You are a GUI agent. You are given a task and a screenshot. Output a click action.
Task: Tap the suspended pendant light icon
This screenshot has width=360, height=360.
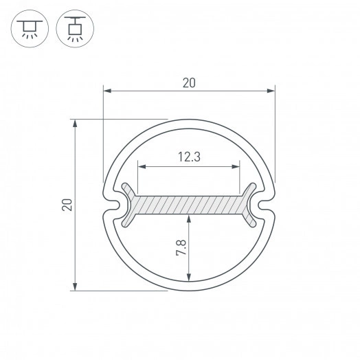(74, 29)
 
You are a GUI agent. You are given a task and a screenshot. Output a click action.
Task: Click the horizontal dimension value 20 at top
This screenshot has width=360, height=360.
(189, 83)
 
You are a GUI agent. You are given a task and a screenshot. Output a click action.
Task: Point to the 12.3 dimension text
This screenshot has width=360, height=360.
(188, 157)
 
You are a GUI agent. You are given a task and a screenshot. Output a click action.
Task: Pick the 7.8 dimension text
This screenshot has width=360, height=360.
(180, 248)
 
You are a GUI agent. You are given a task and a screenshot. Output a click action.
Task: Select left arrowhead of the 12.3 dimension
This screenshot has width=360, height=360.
(142, 166)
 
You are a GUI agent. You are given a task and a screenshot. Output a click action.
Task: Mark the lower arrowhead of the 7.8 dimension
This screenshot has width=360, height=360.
(188, 278)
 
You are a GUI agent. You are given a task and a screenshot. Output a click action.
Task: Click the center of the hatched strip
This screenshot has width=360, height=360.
(189, 205)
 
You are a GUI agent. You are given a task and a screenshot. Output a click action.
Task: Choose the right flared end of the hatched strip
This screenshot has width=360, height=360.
(249, 205)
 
